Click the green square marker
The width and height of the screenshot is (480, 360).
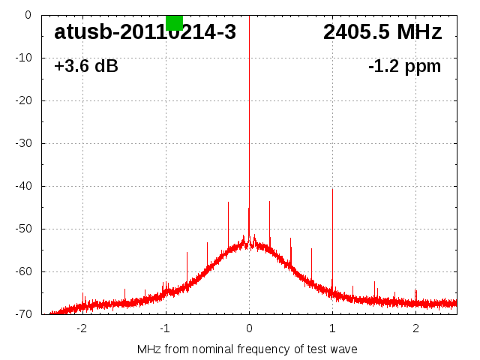[174, 22]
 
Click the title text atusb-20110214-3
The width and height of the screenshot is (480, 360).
[145, 32]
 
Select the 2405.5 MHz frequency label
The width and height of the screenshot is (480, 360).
[382, 32]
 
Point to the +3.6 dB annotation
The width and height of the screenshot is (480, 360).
[85, 66]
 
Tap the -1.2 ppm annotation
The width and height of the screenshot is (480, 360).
[404, 66]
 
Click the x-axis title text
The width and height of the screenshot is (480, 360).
[247, 349]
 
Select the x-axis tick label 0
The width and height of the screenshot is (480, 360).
[249, 328]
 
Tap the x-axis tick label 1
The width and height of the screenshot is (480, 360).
[332, 328]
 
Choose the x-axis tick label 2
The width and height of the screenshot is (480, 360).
[415, 328]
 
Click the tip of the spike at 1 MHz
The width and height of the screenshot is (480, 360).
[332, 189]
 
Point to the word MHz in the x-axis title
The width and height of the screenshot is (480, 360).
[148, 349]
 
